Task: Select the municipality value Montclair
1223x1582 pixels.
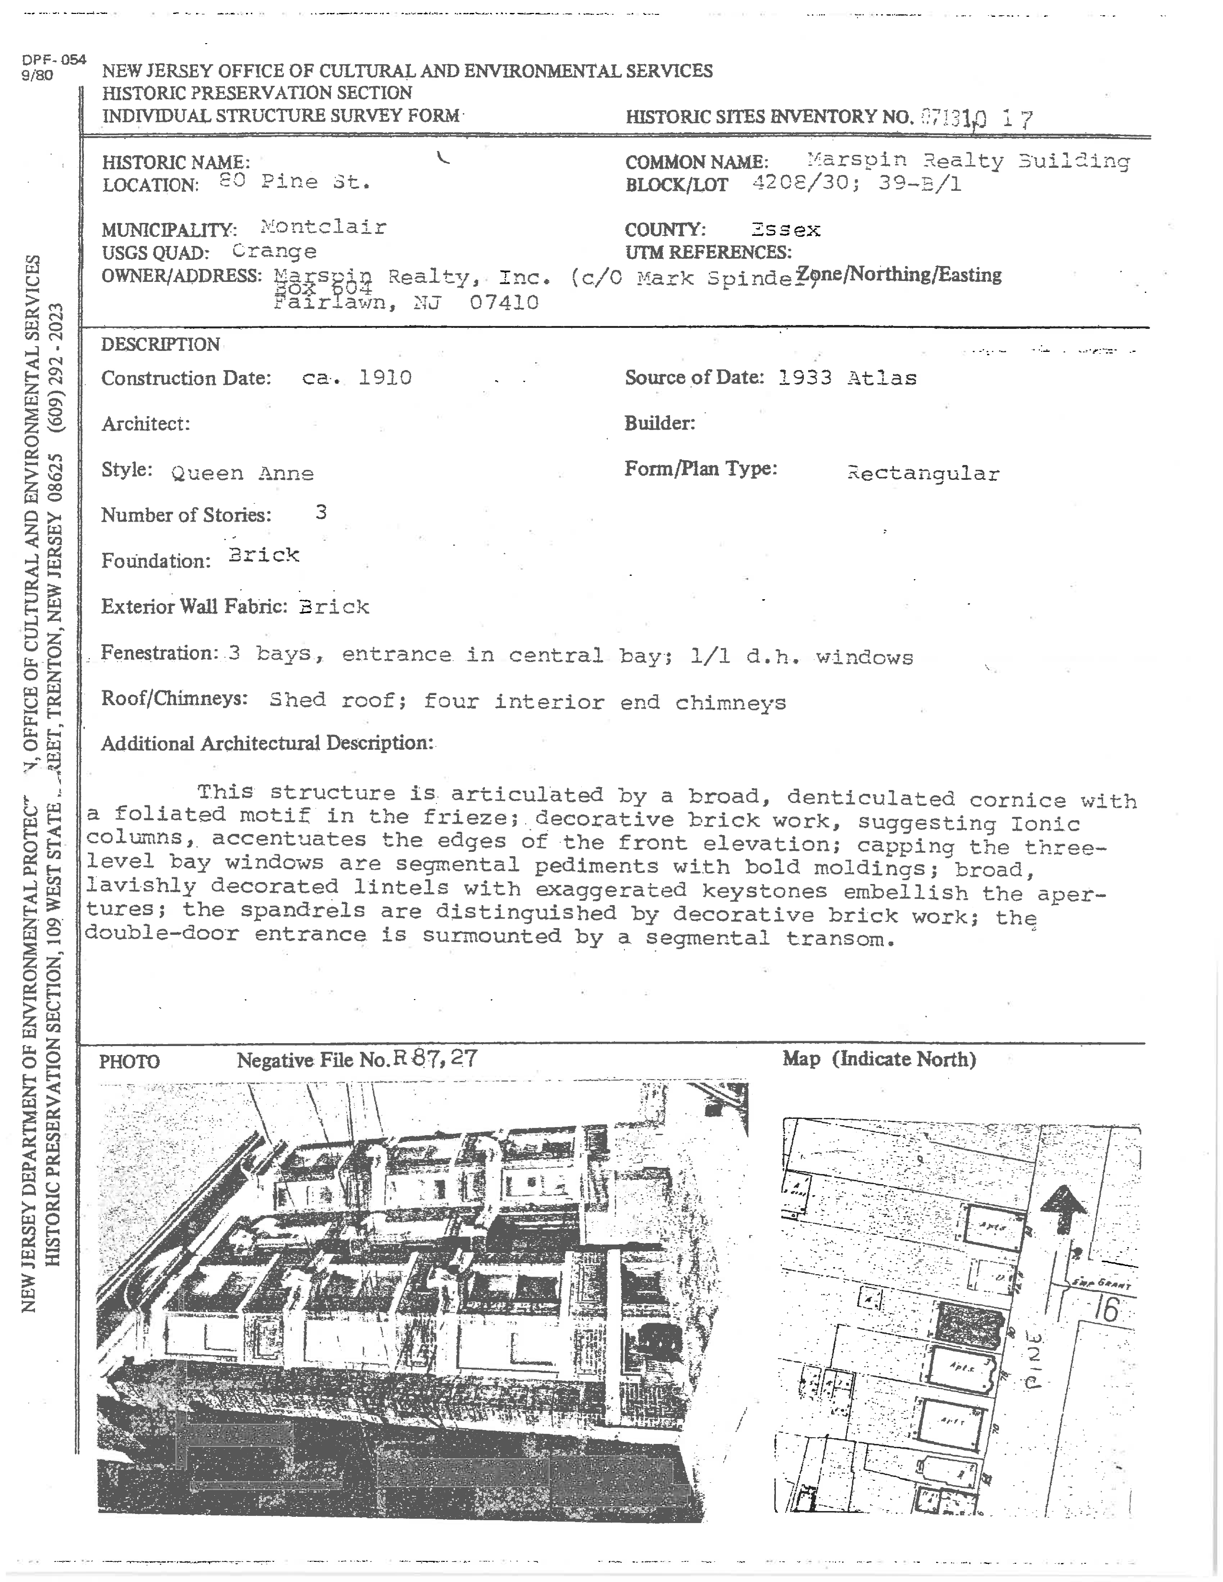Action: coord(323,227)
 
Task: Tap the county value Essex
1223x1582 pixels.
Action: coord(786,230)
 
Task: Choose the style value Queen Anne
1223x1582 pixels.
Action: coord(242,473)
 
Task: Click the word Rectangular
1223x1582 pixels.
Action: coord(923,474)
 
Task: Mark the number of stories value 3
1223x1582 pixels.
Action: coord(321,513)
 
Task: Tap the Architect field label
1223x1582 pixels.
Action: coord(146,424)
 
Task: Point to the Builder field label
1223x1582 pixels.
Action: coord(659,423)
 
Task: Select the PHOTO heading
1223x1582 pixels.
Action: coord(129,1062)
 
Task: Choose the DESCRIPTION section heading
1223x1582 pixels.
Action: coord(160,344)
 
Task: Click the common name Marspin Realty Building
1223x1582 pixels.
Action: coord(968,161)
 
